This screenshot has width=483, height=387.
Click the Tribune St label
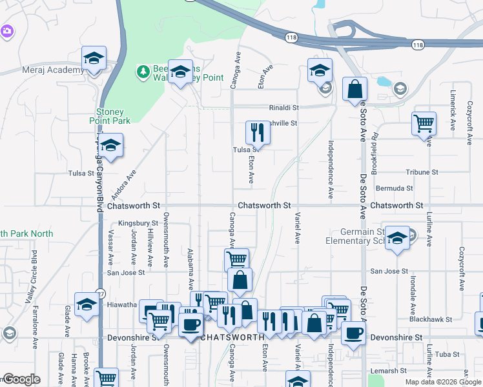click(422, 172)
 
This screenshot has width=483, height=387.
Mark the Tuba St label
click(446, 354)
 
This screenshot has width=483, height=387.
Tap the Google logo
click(22, 379)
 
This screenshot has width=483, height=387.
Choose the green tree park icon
click(142, 72)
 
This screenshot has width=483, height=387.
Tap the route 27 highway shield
click(100, 294)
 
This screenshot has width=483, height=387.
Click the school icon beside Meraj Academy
click(94, 59)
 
